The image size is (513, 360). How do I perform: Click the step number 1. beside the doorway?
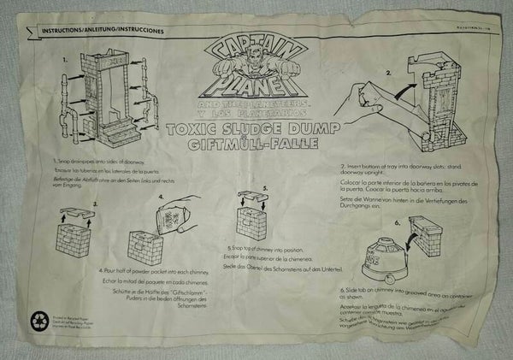63,62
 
